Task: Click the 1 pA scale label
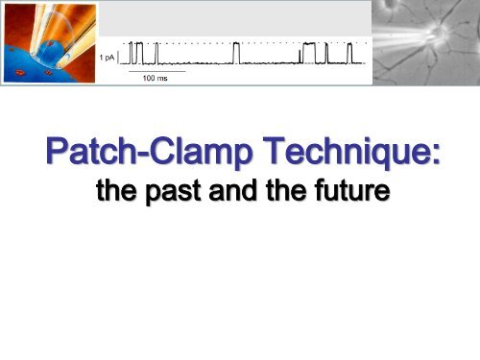tap(109, 58)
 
